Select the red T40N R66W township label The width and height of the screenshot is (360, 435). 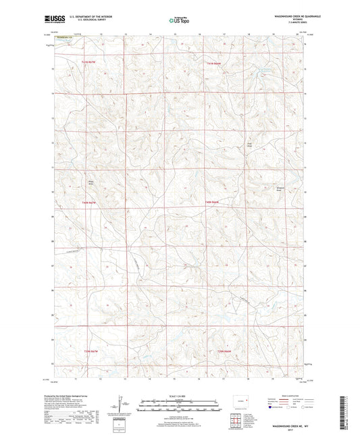215,202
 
